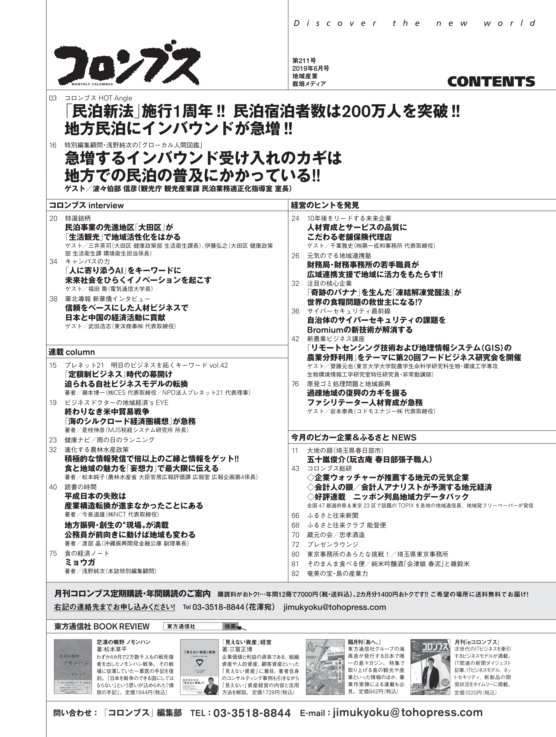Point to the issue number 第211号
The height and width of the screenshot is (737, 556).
click(304, 61)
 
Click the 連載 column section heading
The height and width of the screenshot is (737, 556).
click(71, 352)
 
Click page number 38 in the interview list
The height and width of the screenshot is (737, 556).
click(53, 299)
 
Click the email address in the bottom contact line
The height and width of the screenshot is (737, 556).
click(408, 713)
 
